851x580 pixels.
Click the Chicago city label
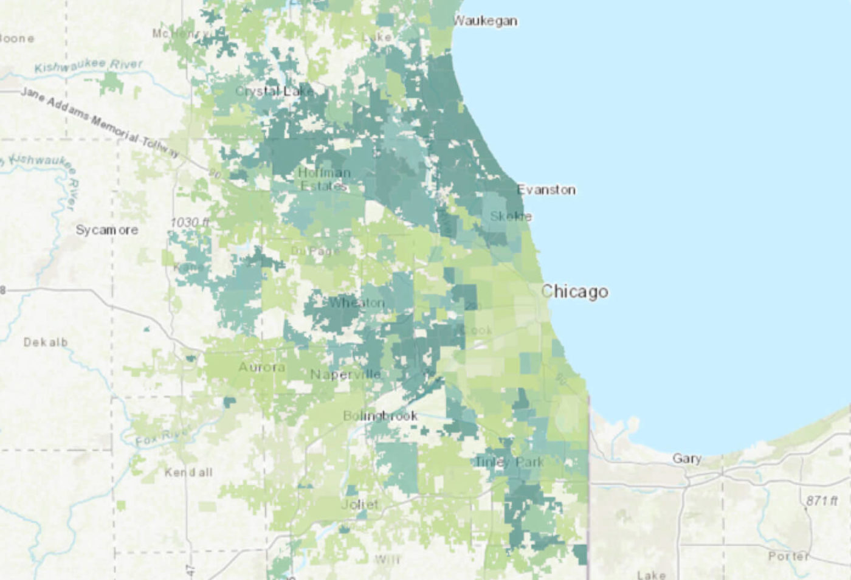[x=574, y=292]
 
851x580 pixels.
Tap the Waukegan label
[x=486, y=21]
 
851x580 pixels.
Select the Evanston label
[x=546, y=190]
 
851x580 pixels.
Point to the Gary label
[x=687, y=458]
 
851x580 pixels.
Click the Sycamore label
[x=107, y=230]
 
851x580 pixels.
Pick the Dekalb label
[x=46, y=342]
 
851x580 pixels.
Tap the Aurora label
[x=261, y=367]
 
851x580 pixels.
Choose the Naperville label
[x=345, y=374]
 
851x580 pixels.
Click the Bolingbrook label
[x=380, y=416]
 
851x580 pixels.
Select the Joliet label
[x=359, y=504]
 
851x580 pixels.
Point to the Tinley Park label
[x=509, y=462]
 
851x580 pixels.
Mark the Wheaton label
[x=357, y=303]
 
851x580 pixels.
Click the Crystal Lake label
[x=274, y=91]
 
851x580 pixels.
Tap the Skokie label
[x=511, y=216]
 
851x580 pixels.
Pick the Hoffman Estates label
[x=325, y=179]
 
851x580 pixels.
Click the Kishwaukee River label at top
[x=89, y=65]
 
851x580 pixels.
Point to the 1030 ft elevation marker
[x=190, y=223]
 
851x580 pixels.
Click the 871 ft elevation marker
[x=822, y=500]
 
